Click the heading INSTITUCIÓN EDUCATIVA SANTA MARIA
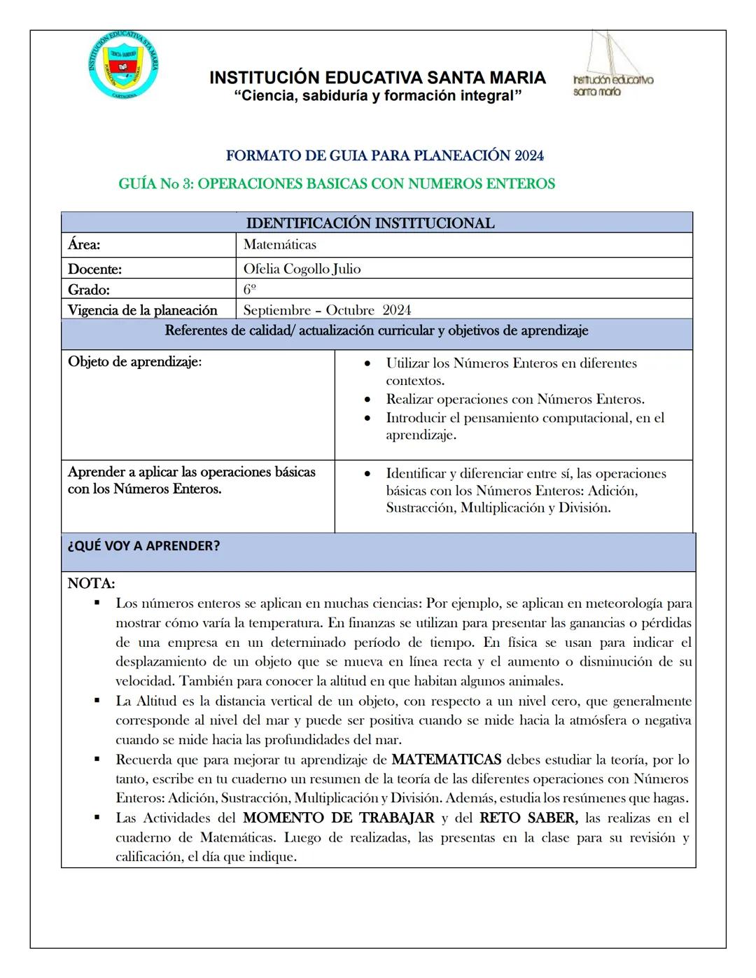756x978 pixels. tap(377, 78)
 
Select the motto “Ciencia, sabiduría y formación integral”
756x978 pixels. tap(377, 96)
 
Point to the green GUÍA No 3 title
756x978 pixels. tap(337, 184)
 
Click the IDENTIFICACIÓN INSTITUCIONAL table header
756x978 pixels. tap(370, 223)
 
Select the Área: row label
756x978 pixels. tap(84, 245)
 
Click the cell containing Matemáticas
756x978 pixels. tap(280, 245)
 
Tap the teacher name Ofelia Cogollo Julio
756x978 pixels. tap(302, 269)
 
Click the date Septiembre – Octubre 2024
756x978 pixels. tap(327, 310)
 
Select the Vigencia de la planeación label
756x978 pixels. tap(142, 310)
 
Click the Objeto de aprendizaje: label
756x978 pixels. tap(134, 362)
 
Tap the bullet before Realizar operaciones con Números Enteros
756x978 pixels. tap(367, 400)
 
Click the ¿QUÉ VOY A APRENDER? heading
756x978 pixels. tap(143, 546)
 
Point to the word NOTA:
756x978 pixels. tap(91, 583)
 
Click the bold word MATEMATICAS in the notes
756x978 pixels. tap(446, 760)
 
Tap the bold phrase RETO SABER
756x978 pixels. tap(528, 818)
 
